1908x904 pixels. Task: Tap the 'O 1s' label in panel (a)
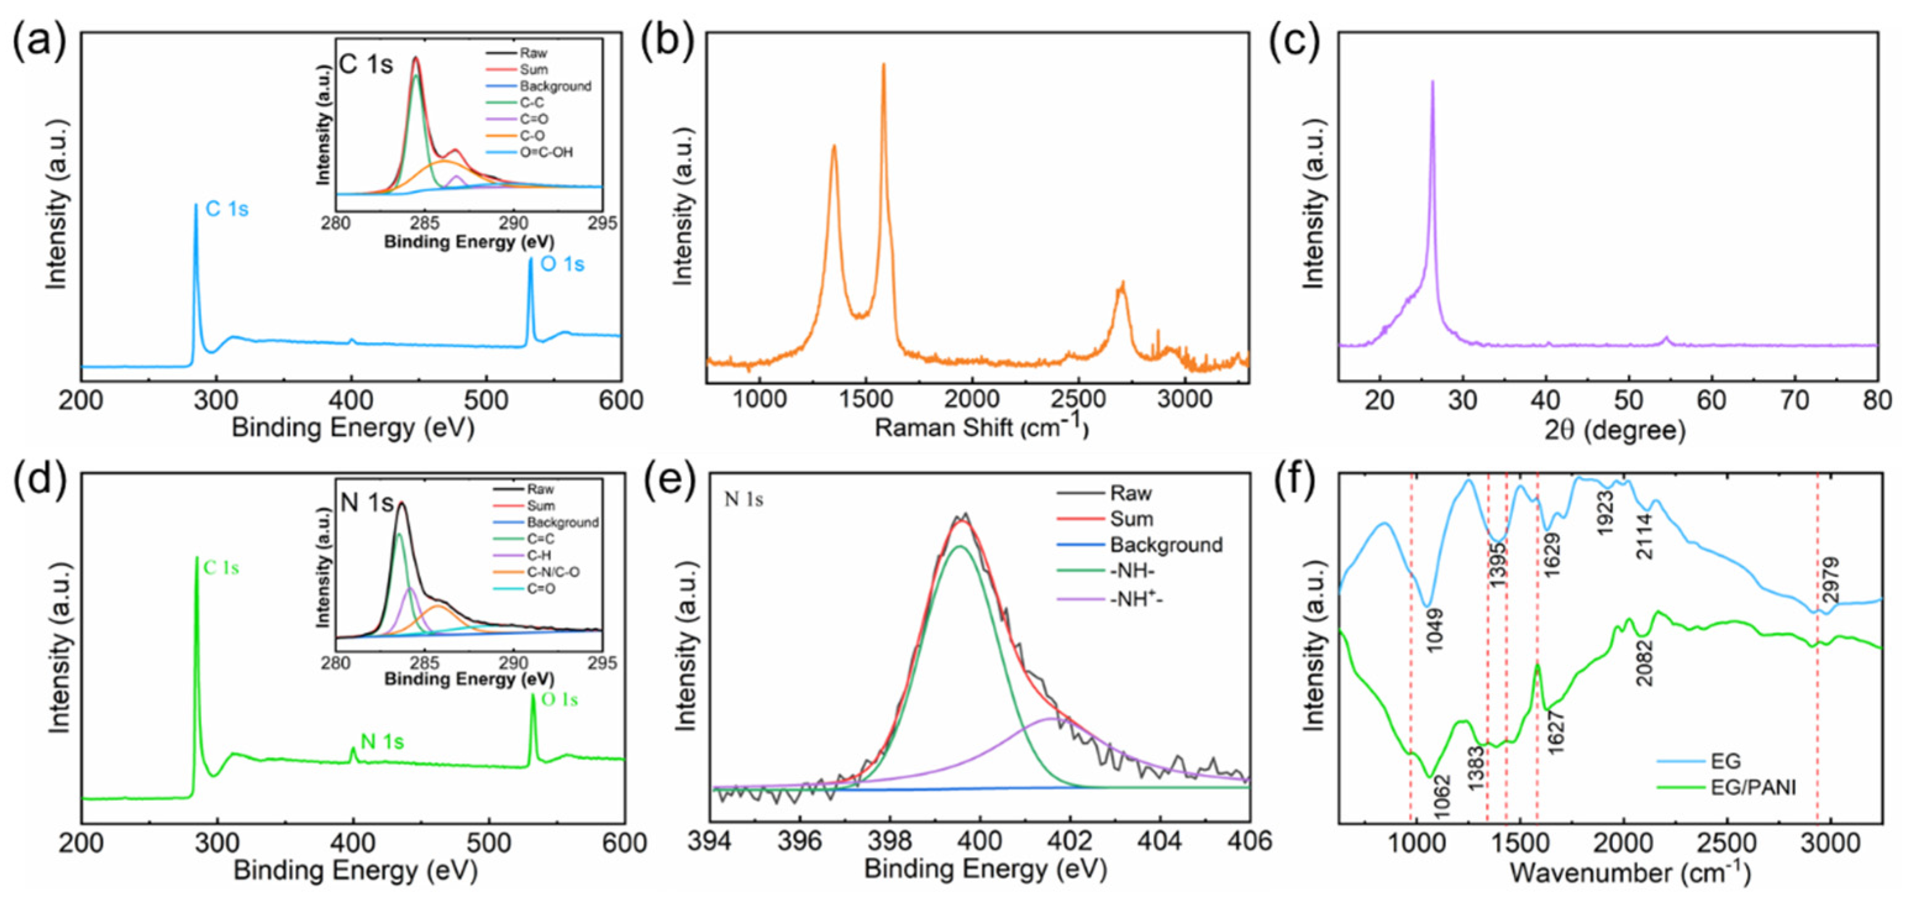click(562, 264)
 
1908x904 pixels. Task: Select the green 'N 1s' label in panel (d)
click(382, 742)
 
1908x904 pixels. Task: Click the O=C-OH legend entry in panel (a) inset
click(546, 153)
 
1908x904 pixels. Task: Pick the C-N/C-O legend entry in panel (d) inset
click(552, 572)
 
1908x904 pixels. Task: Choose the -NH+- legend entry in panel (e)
click(1136, 598)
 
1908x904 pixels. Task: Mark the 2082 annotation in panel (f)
click(1644, 663)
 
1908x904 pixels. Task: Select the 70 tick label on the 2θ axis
click(1794, 400)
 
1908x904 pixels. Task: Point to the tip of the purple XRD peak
click(1433, 82)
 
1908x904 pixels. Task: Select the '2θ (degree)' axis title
click(1615, 429)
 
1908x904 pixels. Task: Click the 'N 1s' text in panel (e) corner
click(744, 500)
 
